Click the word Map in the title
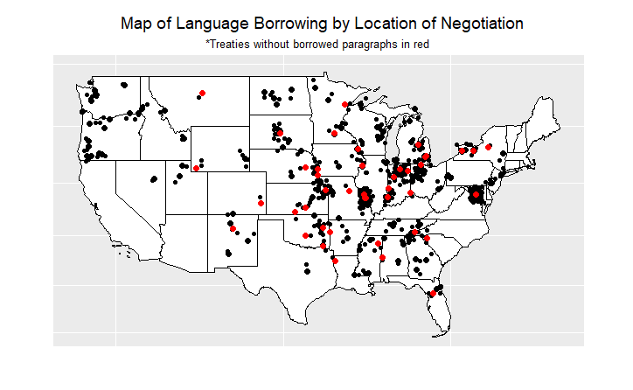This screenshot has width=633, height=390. pos(136,24)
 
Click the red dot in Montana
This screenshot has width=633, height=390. pos(202,93)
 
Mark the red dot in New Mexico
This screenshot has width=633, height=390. pos(233,229)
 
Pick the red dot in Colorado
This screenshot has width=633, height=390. pos(261,203)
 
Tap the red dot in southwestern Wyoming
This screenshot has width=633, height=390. pos(197,168)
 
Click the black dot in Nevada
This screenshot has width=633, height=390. pos(154,179)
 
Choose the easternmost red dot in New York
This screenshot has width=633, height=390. pos(489,147)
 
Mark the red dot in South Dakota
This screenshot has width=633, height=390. pos(280,133)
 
